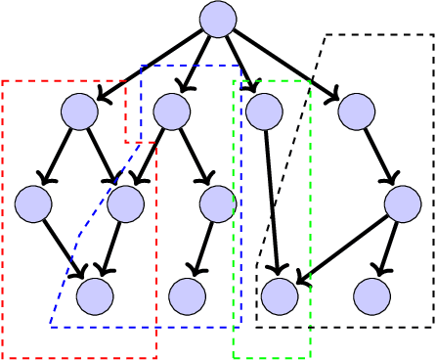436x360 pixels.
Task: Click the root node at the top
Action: coord(218,19)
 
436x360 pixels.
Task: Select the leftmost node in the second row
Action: coord(79,112)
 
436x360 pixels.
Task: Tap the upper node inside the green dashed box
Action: coord(264,112)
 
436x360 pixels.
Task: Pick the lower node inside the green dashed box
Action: coord(279,295)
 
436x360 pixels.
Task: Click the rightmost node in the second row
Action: coord(357,112)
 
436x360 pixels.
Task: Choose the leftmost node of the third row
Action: coord(33,203)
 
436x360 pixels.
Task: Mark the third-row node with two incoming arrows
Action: coord(125,203)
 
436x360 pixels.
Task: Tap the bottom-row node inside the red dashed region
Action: coord(95,295)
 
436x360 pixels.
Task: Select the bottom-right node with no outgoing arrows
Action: coord(371,295)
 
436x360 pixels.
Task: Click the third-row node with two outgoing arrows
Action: coord(403,203)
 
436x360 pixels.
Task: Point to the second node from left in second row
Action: coord(171,112)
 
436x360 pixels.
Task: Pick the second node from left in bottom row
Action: coord(187,295)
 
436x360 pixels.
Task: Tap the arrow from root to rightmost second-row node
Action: coord(286,65)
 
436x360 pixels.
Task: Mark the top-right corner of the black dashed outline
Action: coord(433,35)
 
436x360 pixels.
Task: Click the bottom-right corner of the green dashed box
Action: coord(310,357)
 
